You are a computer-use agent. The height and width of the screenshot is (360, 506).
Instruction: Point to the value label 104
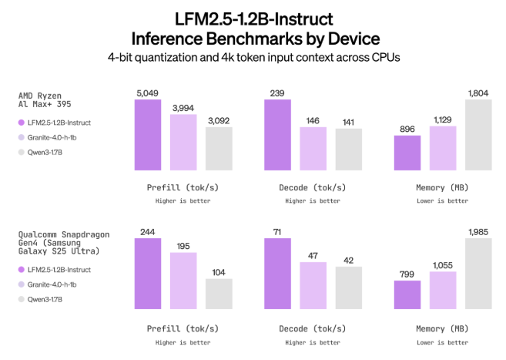pos(219,272)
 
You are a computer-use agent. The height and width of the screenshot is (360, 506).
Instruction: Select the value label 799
pos(407,274)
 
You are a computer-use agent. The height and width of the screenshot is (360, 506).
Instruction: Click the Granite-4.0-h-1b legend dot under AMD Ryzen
pos(21,137)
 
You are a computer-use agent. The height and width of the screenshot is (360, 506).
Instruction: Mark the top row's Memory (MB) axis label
pos(442,187)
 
